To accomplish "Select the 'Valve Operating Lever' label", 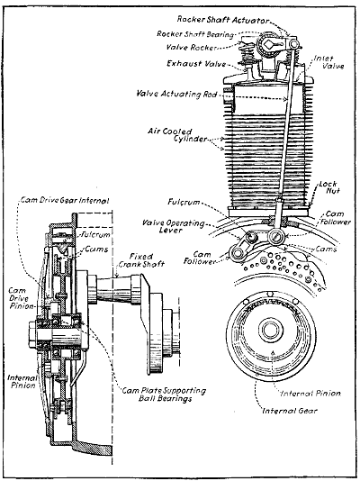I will [163, 230].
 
